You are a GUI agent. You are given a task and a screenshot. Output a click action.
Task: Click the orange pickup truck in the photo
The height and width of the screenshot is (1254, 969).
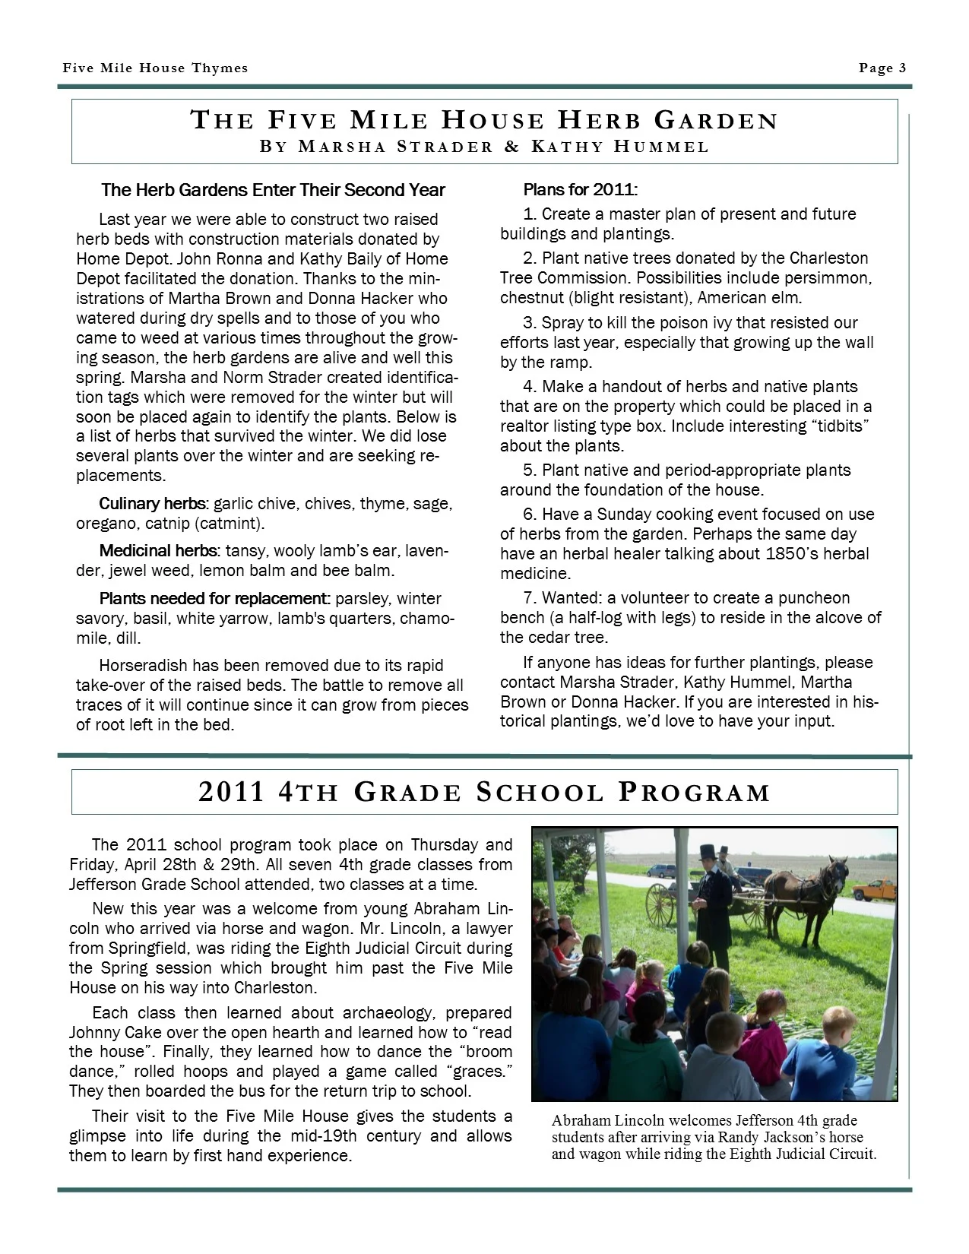[873, 888]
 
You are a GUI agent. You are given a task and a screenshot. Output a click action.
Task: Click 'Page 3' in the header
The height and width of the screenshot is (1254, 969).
[882, 68]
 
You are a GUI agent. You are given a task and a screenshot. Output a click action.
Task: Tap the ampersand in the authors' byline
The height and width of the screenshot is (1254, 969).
[511, 147]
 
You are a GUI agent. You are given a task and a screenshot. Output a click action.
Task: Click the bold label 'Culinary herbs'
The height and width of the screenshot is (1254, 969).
[152, 504]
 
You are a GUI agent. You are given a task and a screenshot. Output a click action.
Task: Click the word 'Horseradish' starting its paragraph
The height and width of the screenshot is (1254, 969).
[144, 666]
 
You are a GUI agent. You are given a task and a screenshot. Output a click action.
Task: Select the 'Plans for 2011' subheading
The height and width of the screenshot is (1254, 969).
[580, 189]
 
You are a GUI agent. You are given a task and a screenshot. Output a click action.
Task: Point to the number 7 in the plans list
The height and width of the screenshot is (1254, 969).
[528, 598]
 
